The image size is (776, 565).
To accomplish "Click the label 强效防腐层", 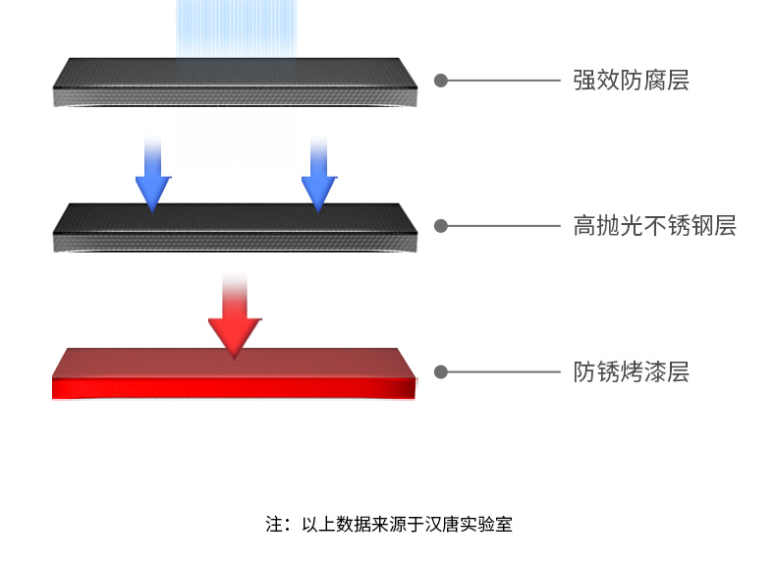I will pos(631,81).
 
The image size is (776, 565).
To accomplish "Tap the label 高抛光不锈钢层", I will pos(654,226).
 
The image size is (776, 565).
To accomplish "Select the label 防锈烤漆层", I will pos(631,372).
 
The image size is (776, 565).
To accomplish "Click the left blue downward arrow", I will pos(152,177).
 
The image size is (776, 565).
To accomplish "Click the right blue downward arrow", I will pos(317,177).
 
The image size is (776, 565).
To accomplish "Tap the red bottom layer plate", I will pos(236,373).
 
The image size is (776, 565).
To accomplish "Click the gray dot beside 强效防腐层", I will pos(441,81).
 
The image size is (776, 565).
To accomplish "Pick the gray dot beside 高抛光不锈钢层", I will pos(441,226).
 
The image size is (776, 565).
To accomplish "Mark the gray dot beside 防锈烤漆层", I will pos(441,372).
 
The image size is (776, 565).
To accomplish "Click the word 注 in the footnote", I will pos(272,524).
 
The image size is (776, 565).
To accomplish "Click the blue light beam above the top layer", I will pos(236,28).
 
